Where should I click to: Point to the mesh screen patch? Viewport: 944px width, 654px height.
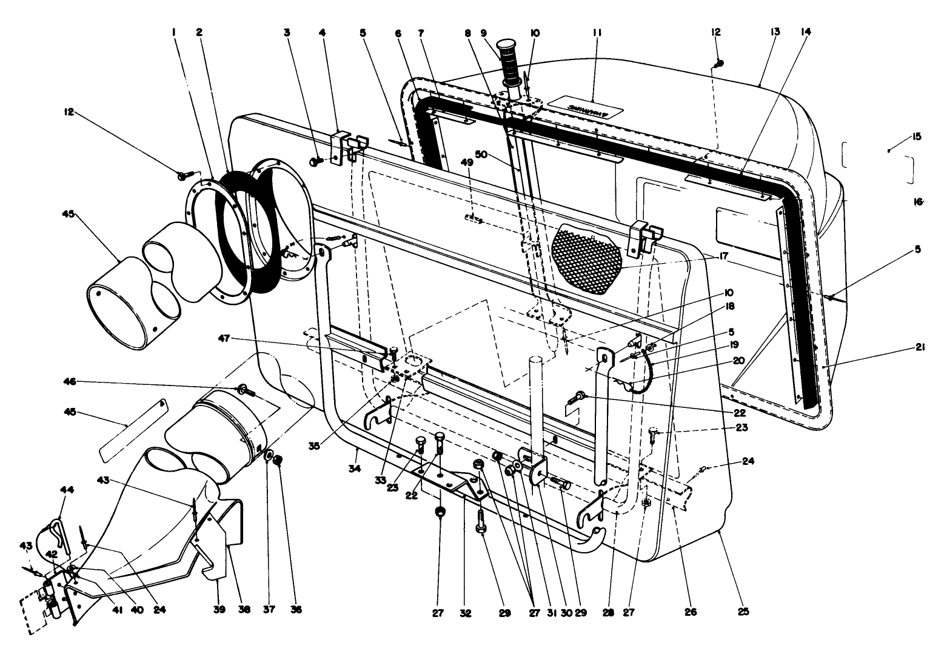587,257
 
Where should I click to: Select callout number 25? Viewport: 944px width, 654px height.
744,612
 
